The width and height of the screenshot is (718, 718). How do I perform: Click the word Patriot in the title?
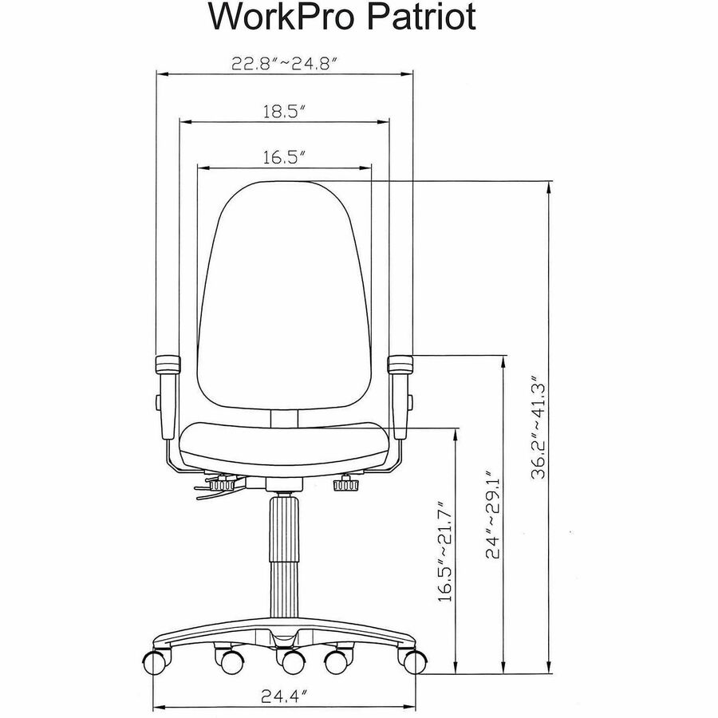[x=421, y=17]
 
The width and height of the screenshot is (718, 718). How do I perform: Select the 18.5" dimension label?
[x=284, y=111]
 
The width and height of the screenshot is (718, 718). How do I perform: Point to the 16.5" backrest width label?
[x=284, y=157]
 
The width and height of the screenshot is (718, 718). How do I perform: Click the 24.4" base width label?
[x=284, y=696]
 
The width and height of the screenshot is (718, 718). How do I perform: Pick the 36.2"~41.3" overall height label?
[x=539, y=428]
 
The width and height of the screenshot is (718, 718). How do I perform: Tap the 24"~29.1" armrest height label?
[x=493, y=514]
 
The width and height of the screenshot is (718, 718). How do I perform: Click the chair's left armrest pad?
[x=168, y=365]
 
